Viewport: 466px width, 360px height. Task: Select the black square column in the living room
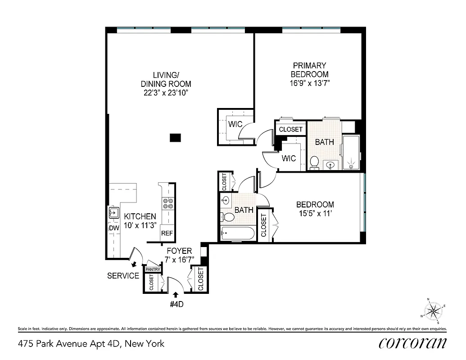point(175,138)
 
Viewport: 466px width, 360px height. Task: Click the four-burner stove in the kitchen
point(168,204)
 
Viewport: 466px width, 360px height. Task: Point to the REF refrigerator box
point(167,234)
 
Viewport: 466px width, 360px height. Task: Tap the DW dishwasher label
point(113,228)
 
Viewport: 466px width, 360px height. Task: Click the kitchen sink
point(113,212)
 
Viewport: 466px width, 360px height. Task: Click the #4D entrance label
point(176,304)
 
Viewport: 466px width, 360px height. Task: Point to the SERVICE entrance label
point(123,276)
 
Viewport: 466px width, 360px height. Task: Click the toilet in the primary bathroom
point(314,161)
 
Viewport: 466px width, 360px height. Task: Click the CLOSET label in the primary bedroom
point(290,130)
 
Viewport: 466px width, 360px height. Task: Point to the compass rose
point(434,310)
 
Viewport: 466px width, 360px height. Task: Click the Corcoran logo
point(413,343)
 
